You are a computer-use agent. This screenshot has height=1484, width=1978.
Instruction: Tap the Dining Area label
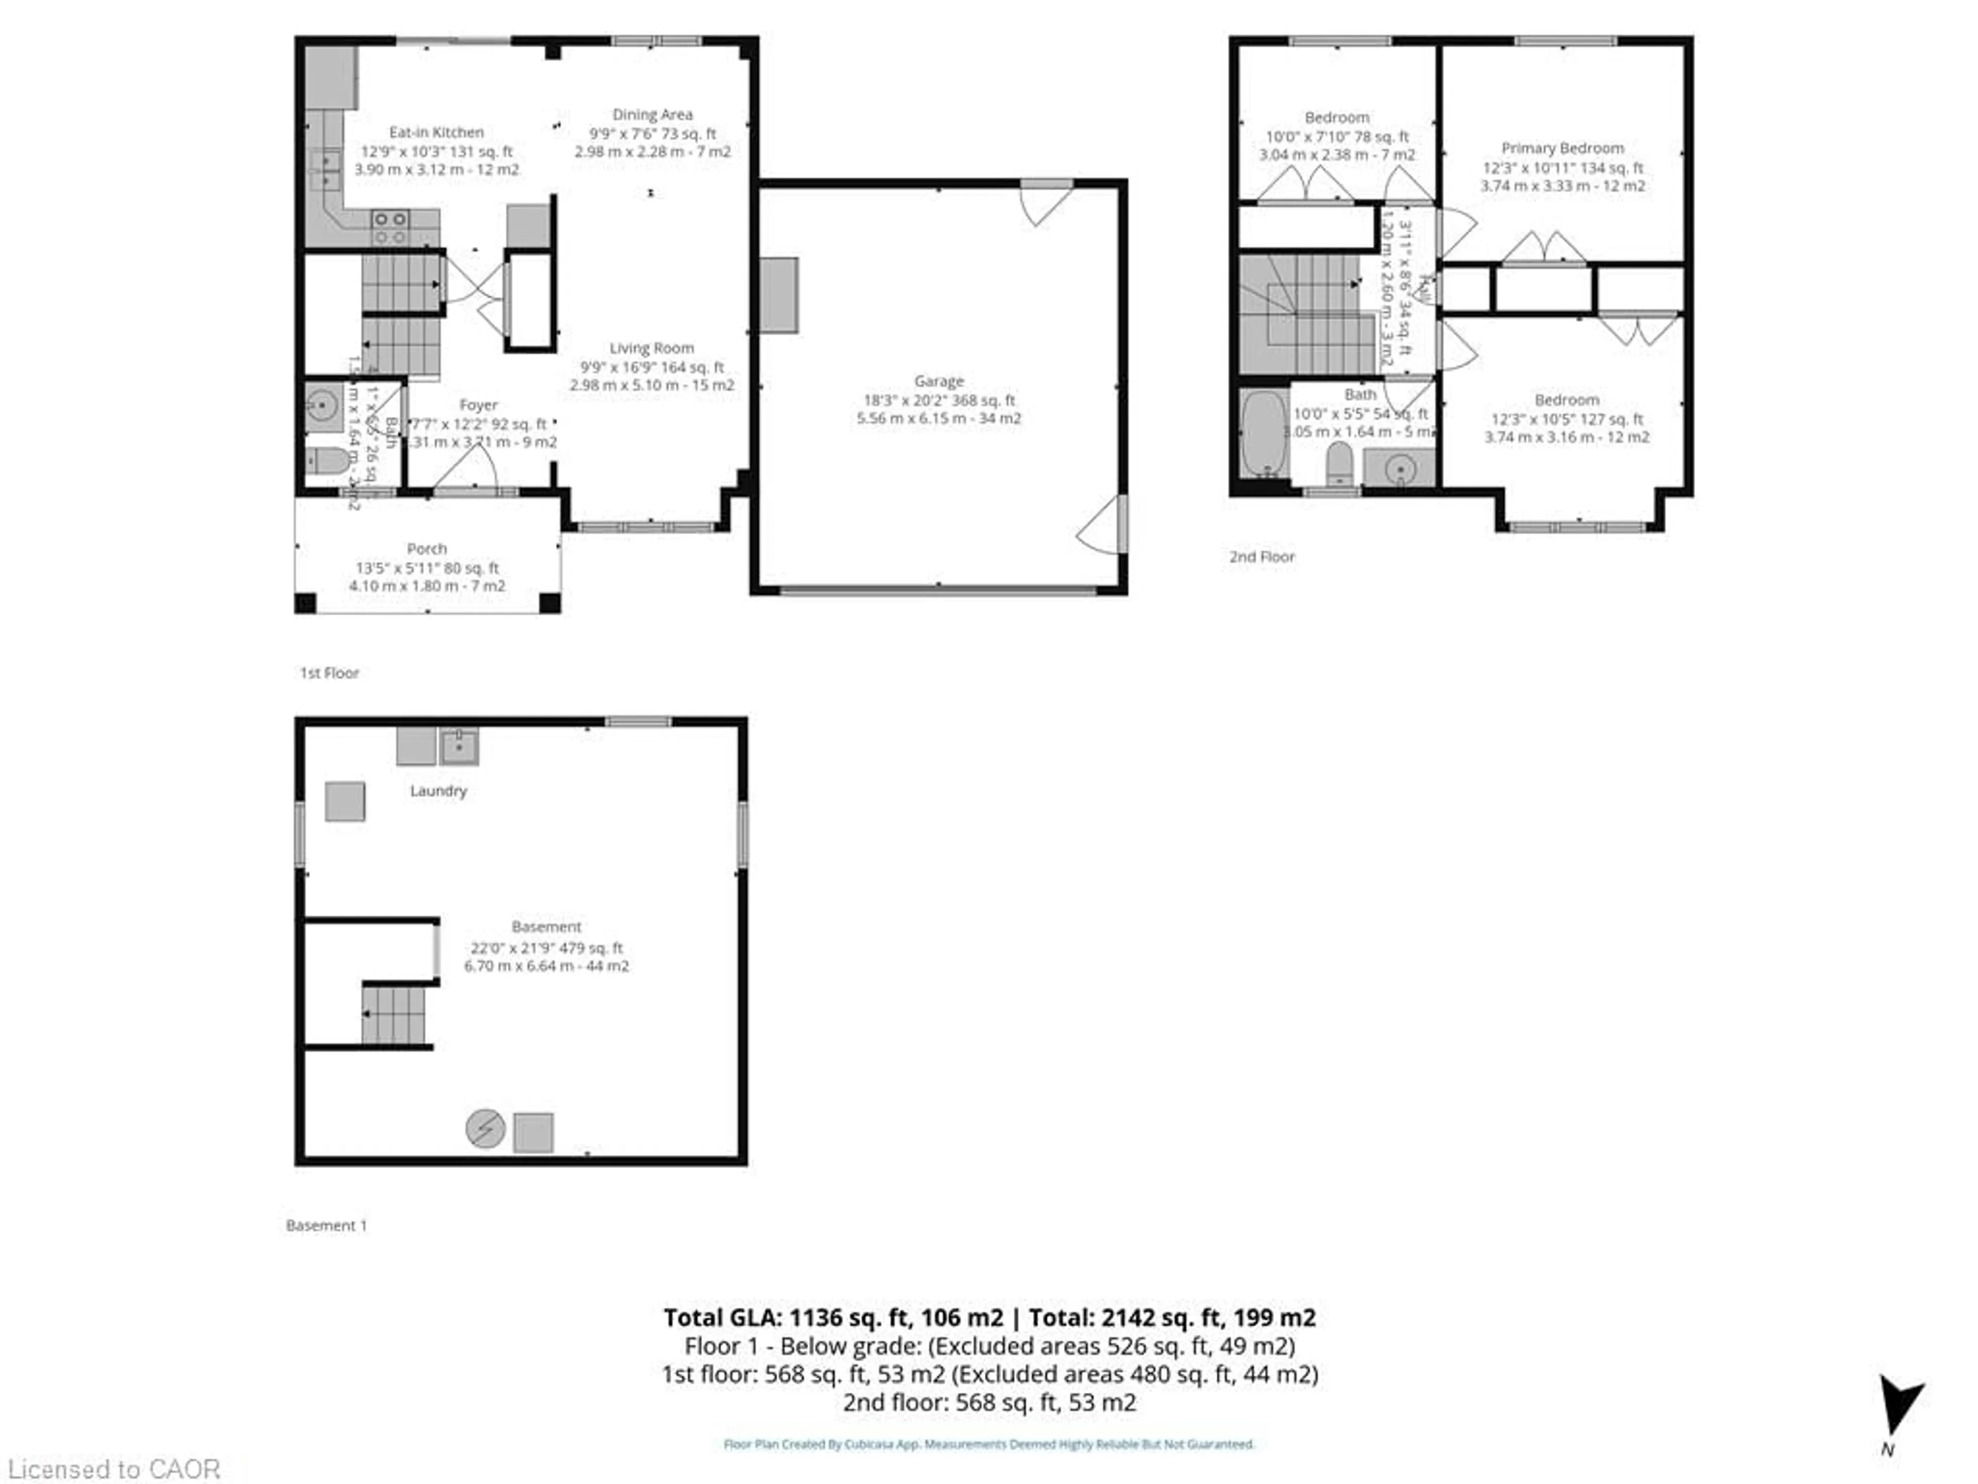pyautogui.click(x=652, y=114)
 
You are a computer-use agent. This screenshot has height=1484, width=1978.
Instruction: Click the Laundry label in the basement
pyautogui.click(x=438, y=791)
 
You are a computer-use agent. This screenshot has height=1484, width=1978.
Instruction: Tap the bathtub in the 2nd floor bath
pyautogui.click(x=1264, y=434)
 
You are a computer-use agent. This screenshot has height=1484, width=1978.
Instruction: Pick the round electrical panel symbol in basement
pyautogui.click(x=485, y=1129)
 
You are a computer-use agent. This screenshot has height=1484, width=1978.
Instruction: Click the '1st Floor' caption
pyautogui.click(x=329, y=672)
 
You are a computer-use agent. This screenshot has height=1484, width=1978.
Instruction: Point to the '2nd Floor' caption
pyautogui.click(x=1261, y=556)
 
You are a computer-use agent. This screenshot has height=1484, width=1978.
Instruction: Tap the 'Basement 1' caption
pyautogui.click(x=327, y=1225)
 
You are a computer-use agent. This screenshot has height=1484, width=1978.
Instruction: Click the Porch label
pyautogui.click(x=427, y=548)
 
